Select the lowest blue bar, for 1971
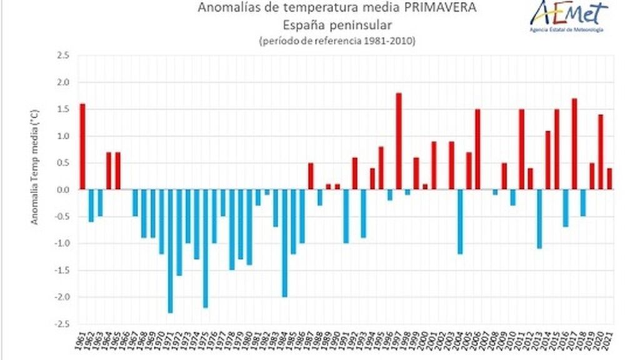click(x=170, y=251)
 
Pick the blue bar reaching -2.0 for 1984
click(x=284, y=243)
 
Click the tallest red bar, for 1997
click(x=399, y=141)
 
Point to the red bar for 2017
click(x=574, y=144)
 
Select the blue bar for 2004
click(x=460, y=222)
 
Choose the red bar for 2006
click(x=477, y=149)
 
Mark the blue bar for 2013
click(x=539, y=219)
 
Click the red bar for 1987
click(x=311, y=176)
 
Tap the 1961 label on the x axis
click(x=80, y=342)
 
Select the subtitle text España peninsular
click(x=338, y=25)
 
